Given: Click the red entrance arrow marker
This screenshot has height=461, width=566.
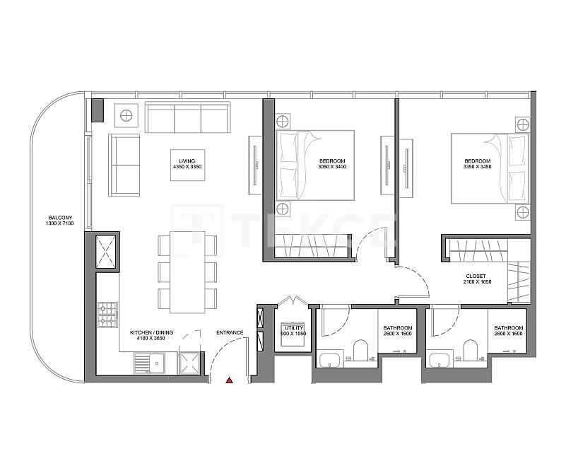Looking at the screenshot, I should pos(230,380).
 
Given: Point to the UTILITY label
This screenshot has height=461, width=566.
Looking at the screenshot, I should pos(293,328).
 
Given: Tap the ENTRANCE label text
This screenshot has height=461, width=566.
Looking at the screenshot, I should pos(230,332).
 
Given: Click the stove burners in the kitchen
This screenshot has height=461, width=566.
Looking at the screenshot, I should pos(107,315).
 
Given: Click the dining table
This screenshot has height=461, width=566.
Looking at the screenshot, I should pos(187,272).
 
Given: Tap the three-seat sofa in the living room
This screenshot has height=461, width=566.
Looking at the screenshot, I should pos(187,117).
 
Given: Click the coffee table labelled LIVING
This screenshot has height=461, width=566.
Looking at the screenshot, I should pos(187,165).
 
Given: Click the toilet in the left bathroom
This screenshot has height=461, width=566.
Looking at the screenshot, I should pos(360,351).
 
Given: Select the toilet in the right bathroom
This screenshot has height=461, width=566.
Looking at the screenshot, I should pos(471,351).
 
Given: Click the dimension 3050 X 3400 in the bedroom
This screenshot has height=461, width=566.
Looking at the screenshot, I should pos(333,168).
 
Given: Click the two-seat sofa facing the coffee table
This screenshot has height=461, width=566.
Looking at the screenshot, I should pos(124,165).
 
